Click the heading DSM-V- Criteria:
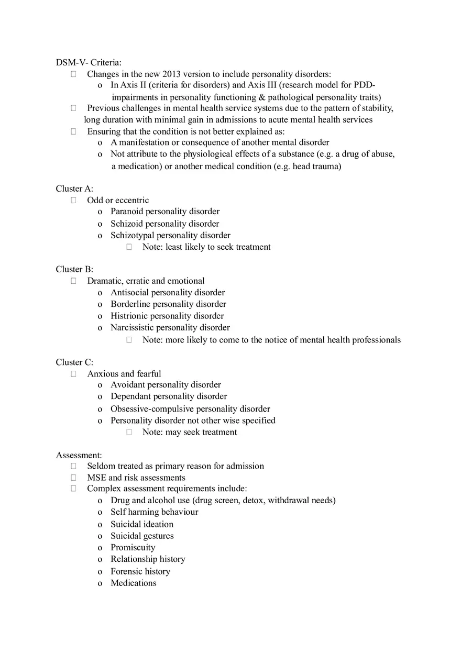89,62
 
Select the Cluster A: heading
74,189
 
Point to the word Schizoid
126,224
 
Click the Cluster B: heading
74,269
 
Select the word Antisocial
129,292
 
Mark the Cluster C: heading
74,362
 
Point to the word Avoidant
127,385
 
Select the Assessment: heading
79,455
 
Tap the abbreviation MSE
96,478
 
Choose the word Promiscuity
133,547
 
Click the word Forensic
126,571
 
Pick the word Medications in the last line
133,583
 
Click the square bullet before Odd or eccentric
74,200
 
